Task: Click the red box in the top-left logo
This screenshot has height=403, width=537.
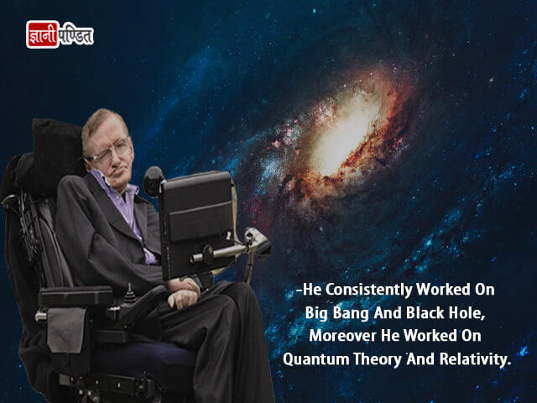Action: tap(43, 34)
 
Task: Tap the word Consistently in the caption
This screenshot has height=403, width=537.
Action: tap(369, 290)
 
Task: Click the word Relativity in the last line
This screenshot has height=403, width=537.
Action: tap(475, 359)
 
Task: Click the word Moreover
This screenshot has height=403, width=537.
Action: tap(343, 336)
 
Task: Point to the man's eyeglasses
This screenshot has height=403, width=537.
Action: tap(108, 150)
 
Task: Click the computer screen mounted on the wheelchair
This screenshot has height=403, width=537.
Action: tap(198, 222)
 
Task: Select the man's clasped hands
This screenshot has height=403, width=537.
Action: tap(183, 292)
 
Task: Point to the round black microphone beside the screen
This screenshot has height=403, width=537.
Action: tap(154, 181)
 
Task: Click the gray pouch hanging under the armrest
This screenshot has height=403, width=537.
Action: tap(66, 330)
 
